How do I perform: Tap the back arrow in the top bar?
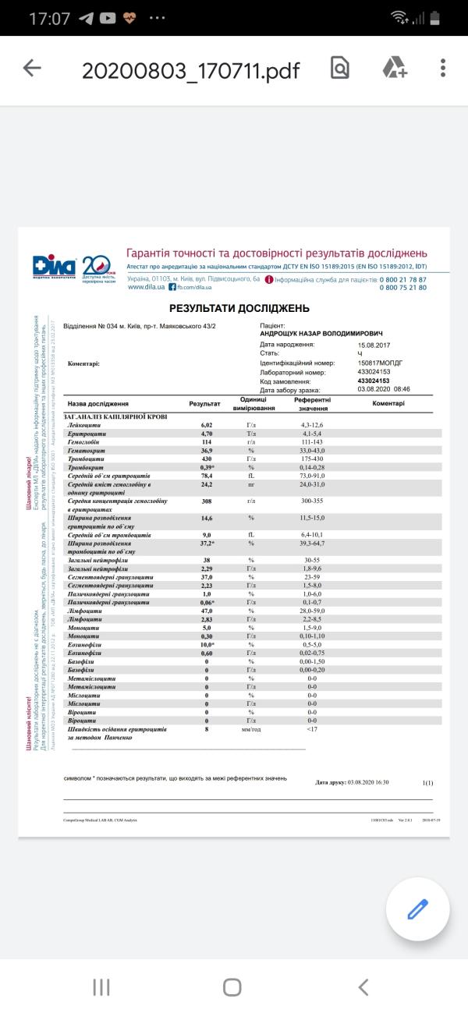tap(32, 69)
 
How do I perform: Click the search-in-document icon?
tap(339, 69)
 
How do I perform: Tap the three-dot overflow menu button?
tap(443, 69)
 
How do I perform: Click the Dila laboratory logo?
tap(55, 267)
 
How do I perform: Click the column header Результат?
tap(205, 404)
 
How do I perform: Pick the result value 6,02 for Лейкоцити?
tap(207, 424)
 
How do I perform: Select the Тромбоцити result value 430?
tap(207, 459)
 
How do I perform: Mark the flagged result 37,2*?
tap(207, 543)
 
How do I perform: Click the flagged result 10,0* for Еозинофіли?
tap(207, 646)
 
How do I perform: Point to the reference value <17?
tap(312, 729)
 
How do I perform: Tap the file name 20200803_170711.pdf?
tap(190, 69)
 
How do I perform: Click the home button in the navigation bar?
tap(232, 987)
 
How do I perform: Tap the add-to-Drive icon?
tap(395, 69)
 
